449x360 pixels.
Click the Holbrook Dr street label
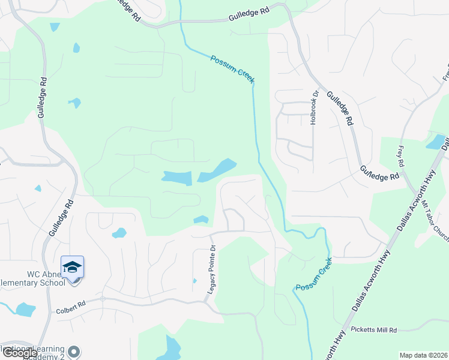(x=313, y=108)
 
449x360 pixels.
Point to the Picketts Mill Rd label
(x=375, y=330)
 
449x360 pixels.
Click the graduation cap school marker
(x=72, y=267)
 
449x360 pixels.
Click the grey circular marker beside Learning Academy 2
(x=74, y=352)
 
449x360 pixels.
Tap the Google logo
(x=19, y=353)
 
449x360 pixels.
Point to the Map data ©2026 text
(x=423, y=355)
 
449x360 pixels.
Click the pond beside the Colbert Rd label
(x=26, y=310)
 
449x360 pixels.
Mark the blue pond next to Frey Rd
(x=435, y=142)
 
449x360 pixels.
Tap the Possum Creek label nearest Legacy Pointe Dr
(x=313, y=279)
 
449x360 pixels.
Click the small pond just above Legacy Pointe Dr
(x=201, y=220)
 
